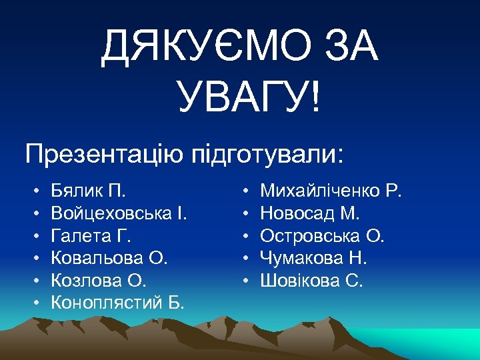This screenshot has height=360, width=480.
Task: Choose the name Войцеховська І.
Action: (119, 214)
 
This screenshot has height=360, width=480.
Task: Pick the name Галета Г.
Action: (91, 236)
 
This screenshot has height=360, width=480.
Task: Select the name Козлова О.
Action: (97, 280)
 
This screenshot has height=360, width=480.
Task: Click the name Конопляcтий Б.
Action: (117, 303)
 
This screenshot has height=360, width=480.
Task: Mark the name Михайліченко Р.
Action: (331, 192)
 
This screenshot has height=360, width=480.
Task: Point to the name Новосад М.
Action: (310, 214)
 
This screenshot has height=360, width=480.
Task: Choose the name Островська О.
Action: (323, 236)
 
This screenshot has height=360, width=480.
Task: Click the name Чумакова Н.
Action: (313, 258)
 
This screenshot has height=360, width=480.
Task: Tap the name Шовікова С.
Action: (311, 280)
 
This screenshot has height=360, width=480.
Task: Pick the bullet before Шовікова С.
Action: (246, 281)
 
